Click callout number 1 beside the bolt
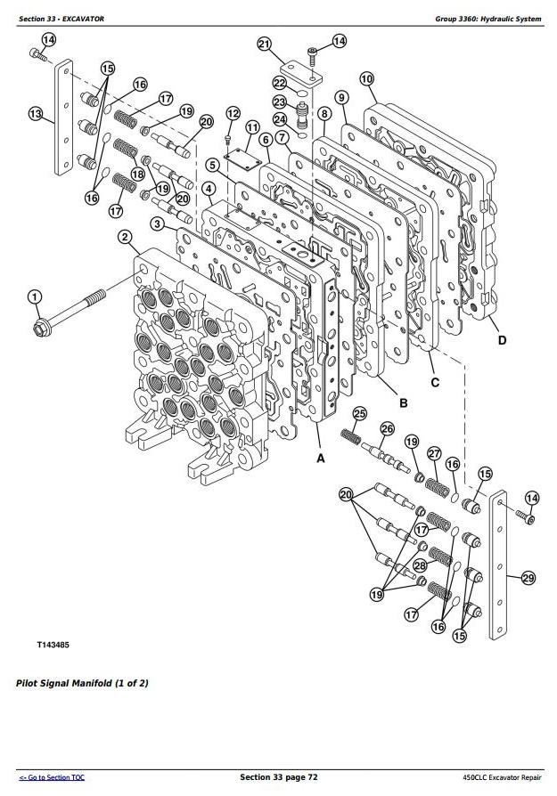(x=34, y=297)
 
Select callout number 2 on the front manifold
(x=125, y=237)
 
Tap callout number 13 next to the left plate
(x=35, y=114)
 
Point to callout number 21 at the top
(x=264, y=44)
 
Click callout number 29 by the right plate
(x=528, y=579)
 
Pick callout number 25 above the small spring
(x=360, y=413)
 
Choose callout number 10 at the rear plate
(x=366, y=79)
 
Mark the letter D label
(x=503, y=340)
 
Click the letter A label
(x=320, y=458)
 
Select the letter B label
(x=403, y=403)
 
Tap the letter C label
(x=436, y=383)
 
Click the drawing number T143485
(x=55, y=642)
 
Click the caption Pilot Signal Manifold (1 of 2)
(x=82, y=684)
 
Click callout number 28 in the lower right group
(x=420, y=565)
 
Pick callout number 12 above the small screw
(x=233, y=113)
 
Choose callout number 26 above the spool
(x=387, y=430)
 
